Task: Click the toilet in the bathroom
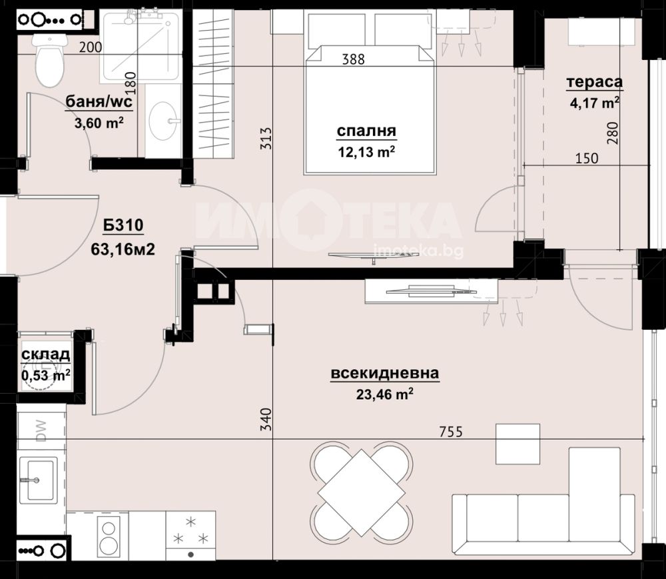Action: coord(50,61)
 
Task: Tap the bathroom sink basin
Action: coord(164,120)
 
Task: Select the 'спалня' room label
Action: coord(366,131)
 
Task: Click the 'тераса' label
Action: coord(594,82)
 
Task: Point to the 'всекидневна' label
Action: coord(385,373)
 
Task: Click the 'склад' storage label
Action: coord(45,354)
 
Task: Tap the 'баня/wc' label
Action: coord(99,101)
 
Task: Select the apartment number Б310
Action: coord(124,225)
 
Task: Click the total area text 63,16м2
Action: coord(123,249)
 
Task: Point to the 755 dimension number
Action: coord(451,432)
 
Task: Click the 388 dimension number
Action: coord(354,59)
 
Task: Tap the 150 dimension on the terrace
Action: coord(587,159)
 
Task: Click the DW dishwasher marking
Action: coord(41,431)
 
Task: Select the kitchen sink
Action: coord(37,480)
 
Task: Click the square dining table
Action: coord(361,493)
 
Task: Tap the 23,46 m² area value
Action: coord(385,394)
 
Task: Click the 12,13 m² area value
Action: coord(366,152)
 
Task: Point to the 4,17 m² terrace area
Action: coord(594,103)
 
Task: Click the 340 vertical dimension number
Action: coord(266,419)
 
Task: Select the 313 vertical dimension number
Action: coord(266,139)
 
